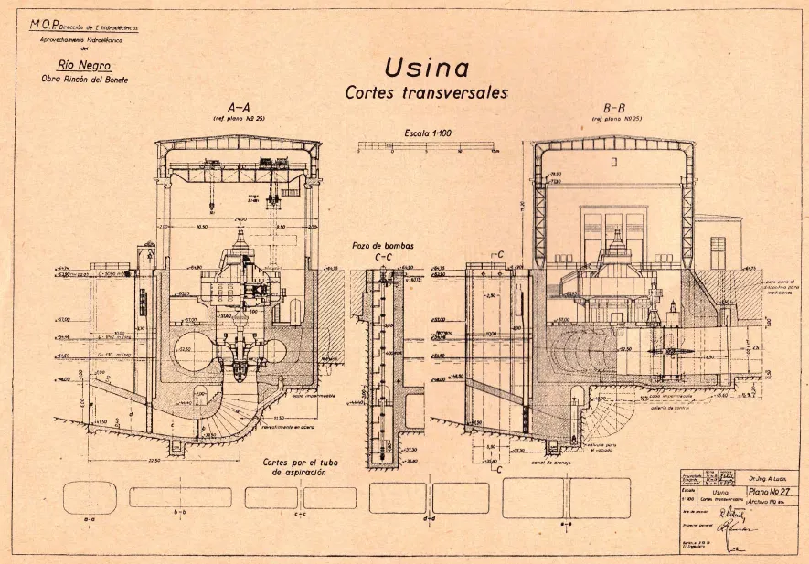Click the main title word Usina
pos(426,68)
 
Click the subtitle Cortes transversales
pos(426,92)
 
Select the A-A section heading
pos(239,106)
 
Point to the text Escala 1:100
pos(428,133)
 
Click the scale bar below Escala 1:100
pos(428,145)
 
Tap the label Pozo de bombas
pos(383,246)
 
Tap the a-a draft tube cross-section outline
pos(90,497)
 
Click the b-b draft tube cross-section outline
pos(180,497)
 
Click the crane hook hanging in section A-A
pos(211,208)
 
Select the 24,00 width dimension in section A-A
pos(240,220)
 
